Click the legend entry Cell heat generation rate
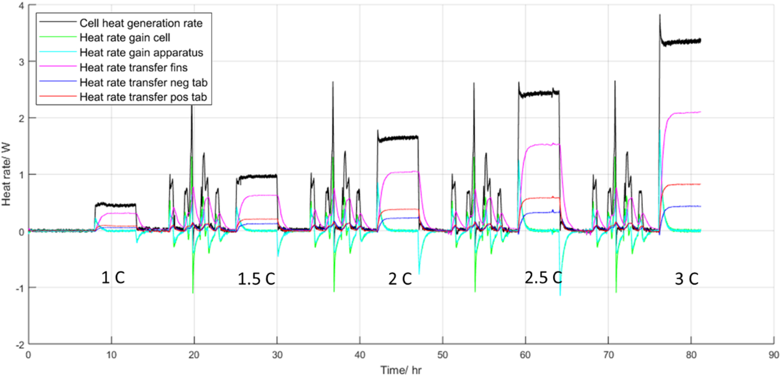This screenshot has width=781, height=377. tap(141, 23)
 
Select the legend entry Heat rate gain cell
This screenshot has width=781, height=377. tap(125, 38)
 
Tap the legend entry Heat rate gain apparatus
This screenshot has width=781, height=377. tap(141, 53)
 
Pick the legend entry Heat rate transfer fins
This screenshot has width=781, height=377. tap(133, 67)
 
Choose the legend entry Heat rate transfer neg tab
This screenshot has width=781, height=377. tap(143, 82)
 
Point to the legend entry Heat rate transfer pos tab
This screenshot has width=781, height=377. tap(143, 97)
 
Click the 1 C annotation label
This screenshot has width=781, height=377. tap(113, 277)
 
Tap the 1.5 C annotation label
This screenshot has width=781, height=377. tap(256, 279)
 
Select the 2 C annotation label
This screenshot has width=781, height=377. tap(400, 279)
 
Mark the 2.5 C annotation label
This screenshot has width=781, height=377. tap(543, 278)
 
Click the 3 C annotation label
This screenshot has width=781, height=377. tap(687, 279)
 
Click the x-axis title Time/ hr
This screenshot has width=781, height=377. tap(401, 370)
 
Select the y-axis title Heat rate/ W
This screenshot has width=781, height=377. tap(6, 174)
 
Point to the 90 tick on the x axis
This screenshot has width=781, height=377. tap(773, 355)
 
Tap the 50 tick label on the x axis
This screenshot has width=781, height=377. tap(442, 355)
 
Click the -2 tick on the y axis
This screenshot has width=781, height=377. tap(19, 344)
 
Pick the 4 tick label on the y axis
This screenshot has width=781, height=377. tap(21, 6)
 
